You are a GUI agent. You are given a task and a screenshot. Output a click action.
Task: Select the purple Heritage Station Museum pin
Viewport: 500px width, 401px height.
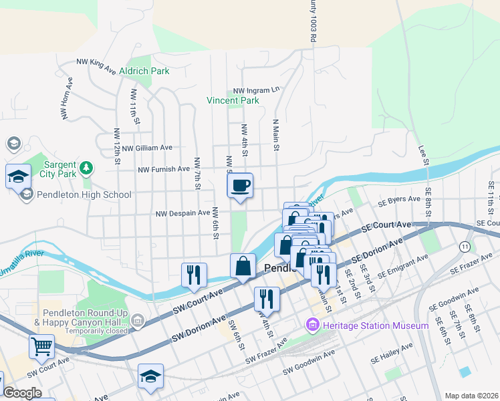click(311, 325)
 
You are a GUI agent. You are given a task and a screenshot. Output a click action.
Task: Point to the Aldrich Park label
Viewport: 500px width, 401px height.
click(144, 71)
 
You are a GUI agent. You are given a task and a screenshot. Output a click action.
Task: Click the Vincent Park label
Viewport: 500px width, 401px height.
click(233, 101)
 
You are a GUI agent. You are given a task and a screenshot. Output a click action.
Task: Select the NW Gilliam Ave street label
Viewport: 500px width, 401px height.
click(147, 148)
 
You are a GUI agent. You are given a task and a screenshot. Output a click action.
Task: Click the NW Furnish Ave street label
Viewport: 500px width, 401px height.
click(164, 170)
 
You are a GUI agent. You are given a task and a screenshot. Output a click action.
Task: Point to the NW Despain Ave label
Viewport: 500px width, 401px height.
click(182, 214)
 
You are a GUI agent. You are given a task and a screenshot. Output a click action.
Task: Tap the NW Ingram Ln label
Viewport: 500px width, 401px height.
click(256, 90)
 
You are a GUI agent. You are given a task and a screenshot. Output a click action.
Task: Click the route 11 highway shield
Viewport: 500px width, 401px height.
click(464, 247)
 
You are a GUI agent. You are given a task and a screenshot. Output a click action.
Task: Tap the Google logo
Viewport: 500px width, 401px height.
click(23, 394)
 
